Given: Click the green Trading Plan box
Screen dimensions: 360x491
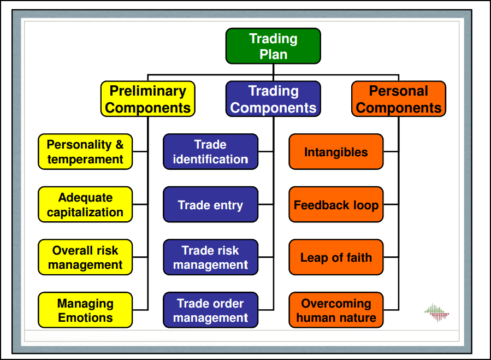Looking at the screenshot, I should [x=273, y=46].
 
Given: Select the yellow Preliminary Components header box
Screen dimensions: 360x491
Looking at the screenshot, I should [x=147, y=99].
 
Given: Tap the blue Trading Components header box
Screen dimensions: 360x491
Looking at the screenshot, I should [x=273, y=99].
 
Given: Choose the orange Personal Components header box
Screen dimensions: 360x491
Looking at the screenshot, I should [x=399, y=99].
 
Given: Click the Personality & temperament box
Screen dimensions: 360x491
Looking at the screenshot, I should [x=85, y=152].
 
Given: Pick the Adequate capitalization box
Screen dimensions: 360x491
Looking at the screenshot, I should [x=85, y=205].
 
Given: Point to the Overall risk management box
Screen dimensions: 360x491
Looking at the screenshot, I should [x=85, y=257].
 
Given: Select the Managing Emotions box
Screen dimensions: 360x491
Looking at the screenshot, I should [x=85, y=310].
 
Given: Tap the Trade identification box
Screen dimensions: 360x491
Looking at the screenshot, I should [x=210, y=152].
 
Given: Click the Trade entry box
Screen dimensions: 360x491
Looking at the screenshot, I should [x=210, y=205].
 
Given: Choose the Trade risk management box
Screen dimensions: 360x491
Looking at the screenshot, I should [x=210, y=257].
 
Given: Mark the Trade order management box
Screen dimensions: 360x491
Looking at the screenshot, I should [x=210, y=310].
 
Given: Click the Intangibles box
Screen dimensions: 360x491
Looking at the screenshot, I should [x=336, y=152].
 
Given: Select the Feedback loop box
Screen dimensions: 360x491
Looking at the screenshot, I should [x=336, y=205].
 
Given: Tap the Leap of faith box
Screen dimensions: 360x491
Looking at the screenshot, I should [x=336, y=257].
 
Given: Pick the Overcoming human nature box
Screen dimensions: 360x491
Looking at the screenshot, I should [x=336, y=310].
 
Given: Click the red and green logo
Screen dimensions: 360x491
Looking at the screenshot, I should [x=436, y=313].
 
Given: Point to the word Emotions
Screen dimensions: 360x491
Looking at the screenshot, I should [x=85, y=317].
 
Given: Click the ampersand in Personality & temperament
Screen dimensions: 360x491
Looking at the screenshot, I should [x=120, y=145].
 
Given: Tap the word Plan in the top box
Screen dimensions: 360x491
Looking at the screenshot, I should [x=273, y=54].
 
